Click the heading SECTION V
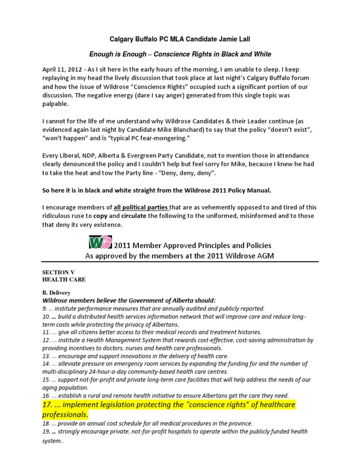59,272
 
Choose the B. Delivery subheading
59,293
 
